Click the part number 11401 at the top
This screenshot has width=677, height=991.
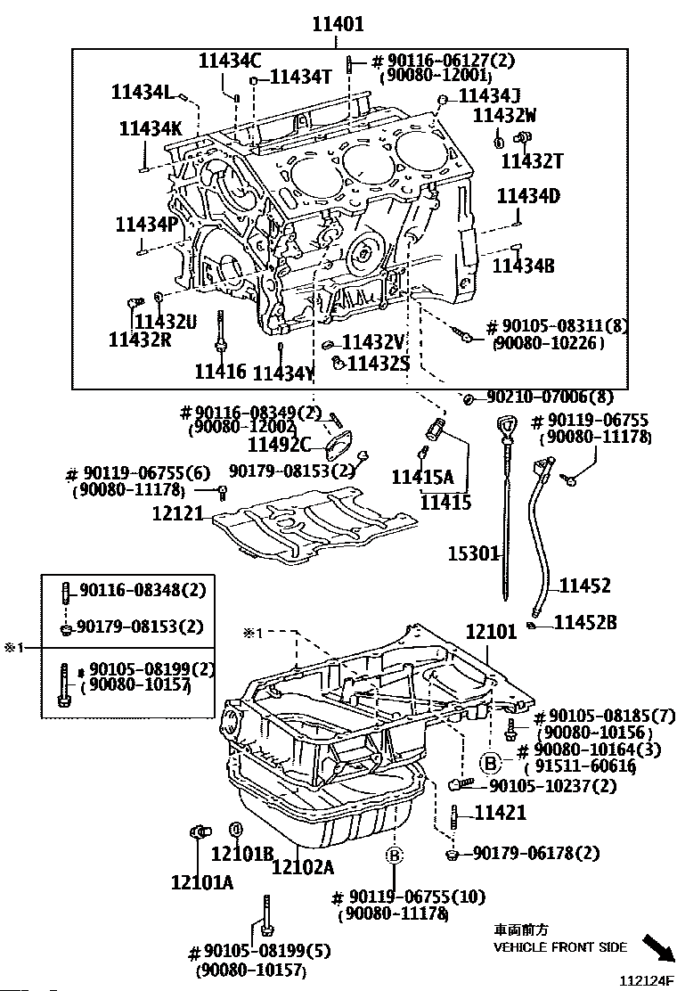[338, 24]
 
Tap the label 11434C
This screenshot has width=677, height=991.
[230, 61]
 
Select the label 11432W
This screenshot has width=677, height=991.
[504, 115]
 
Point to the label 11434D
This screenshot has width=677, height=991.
[528, 196]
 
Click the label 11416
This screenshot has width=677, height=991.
[220, 371]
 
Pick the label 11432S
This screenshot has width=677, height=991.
[379, 364]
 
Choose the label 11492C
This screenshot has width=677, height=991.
[279, 445]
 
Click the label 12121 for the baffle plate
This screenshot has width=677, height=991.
[179, 513]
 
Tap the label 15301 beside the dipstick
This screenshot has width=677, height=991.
[474, 554]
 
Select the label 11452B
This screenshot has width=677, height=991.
[585, 623]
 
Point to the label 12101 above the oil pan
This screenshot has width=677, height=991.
[492, 631]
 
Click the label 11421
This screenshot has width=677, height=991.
[500, 812]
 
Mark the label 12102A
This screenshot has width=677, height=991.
[303, 866]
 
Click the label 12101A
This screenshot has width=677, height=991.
[202, 881]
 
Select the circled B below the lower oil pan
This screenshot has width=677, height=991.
[394, 856]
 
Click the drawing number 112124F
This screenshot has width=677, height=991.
[645, 980]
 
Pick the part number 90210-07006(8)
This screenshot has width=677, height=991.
[551, 397]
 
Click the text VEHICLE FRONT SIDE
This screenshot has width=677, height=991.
[560, 946]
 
